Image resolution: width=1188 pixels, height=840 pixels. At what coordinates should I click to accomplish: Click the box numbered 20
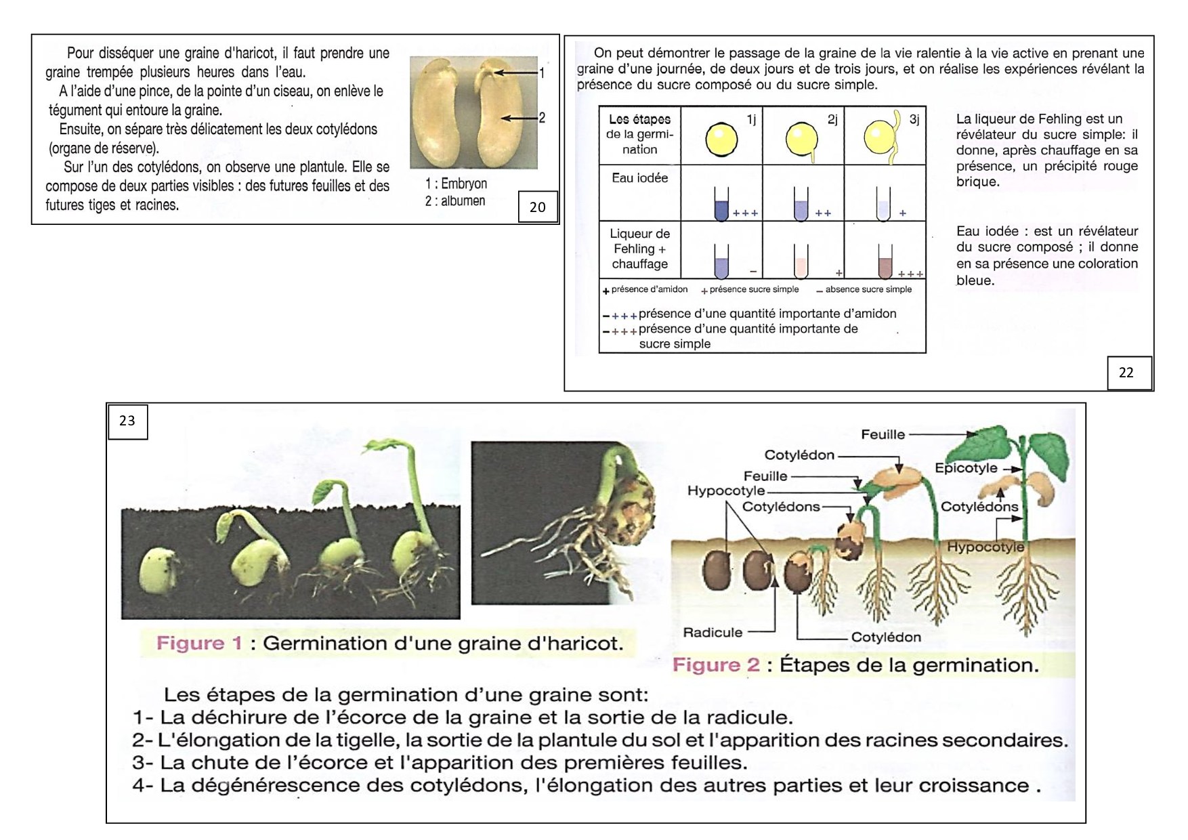coord(537,207)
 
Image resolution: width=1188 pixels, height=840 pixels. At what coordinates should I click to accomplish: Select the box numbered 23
coord(127,421)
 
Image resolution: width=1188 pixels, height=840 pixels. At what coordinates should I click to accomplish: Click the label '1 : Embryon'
coord(456,184)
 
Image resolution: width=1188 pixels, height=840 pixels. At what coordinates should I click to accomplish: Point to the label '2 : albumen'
coord(455,201)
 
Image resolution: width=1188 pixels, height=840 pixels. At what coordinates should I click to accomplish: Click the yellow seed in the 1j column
coord(721,139)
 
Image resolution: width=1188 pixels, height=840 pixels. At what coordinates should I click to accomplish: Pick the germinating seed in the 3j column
coord(881,138)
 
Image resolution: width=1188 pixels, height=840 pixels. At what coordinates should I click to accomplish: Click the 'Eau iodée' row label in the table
coord(639,178)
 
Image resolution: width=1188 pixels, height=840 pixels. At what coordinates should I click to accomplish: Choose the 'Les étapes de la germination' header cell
coord(639,134)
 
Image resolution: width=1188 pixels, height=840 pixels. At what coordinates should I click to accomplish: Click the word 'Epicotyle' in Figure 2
coord(966,468)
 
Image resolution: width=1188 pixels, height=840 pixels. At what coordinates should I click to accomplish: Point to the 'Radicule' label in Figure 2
coord(713,633)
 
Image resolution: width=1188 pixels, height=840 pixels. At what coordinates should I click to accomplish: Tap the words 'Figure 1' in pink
coord(199,643)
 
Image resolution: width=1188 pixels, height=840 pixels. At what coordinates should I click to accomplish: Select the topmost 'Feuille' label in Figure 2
coord(883,434)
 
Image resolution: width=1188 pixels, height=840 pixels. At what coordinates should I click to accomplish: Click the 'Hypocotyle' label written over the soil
coord(985,547)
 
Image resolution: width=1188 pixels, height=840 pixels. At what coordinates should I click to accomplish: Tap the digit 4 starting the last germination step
coord(138,786)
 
